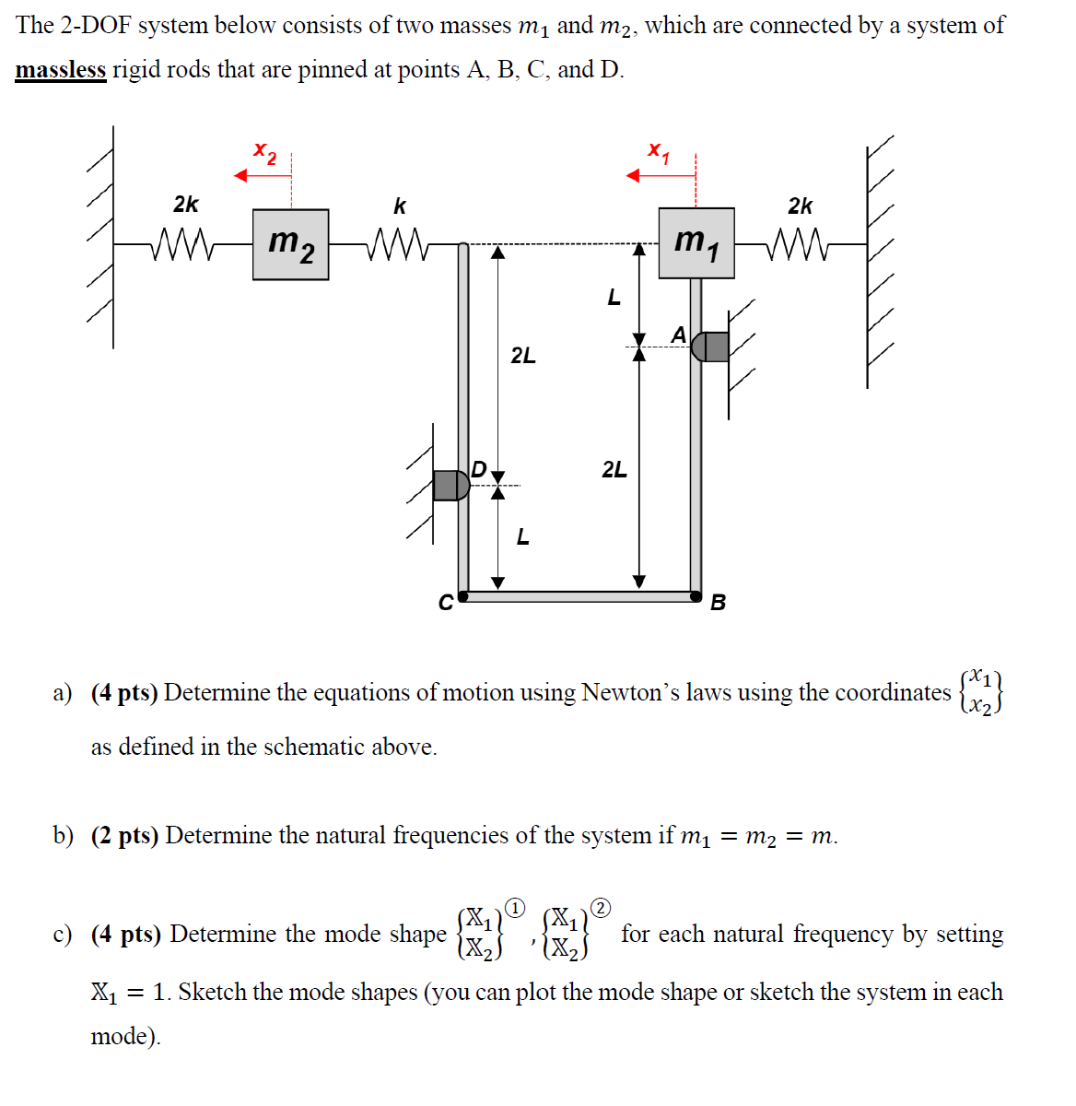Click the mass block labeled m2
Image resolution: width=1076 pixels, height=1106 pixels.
290,244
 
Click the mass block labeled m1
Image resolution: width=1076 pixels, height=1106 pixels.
696,242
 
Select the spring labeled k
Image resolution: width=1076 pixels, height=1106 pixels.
395,245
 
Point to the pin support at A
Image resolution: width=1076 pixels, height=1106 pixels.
710,347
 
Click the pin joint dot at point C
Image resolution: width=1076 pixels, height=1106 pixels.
463,596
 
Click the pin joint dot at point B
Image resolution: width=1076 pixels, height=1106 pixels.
696,596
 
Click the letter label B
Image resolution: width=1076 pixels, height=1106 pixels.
719,603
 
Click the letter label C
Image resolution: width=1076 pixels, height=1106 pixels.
445,604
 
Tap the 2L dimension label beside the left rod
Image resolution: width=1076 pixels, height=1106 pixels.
523,356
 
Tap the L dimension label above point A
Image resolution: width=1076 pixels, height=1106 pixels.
614,298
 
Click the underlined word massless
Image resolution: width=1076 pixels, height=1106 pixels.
61,70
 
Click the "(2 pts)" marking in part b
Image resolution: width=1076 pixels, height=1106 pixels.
124,836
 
